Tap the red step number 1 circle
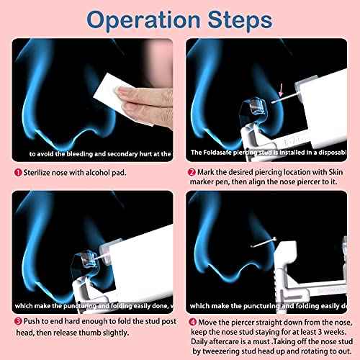click(17, 174)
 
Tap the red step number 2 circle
click(191, 174)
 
